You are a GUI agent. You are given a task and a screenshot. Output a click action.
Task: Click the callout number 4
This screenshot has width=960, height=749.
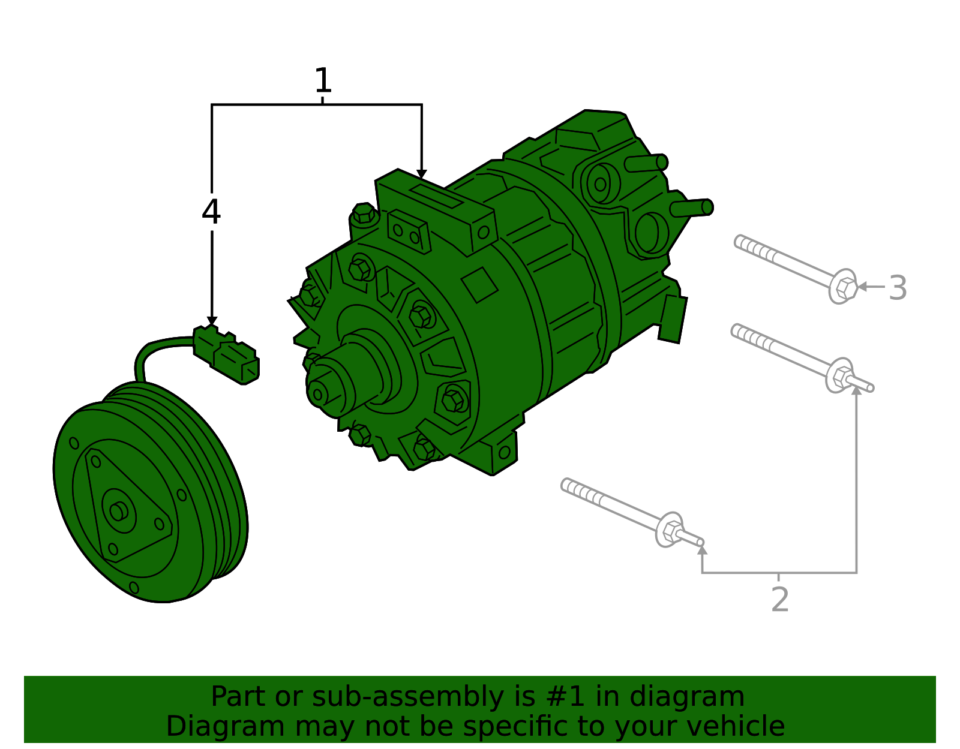(x=211, y=212)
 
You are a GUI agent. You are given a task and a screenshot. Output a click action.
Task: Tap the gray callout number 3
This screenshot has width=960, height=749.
(x=898, y=288)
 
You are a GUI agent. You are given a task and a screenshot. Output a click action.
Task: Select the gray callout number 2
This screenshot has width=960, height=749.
(x=779, y=600)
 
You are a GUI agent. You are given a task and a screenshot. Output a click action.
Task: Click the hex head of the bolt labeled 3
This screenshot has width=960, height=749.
(x=844, y=287)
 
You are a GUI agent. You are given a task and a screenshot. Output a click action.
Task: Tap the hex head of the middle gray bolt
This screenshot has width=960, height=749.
(x=841, y=377)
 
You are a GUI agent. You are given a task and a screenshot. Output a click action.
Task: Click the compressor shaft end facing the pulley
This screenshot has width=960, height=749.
(x=318, y=393)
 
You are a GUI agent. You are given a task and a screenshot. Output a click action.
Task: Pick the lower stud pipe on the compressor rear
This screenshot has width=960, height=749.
(x=692, y=208)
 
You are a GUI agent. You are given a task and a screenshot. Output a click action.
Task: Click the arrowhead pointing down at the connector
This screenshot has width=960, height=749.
(x=212, y=321)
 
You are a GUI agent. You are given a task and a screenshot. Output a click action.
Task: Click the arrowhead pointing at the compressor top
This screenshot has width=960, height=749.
(x=422, y=174)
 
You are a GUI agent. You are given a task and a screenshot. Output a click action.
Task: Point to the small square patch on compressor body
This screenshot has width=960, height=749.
(x=479, y=285)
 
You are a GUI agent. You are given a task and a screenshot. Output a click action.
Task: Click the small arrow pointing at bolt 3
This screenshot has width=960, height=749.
(x=863, y=287)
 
